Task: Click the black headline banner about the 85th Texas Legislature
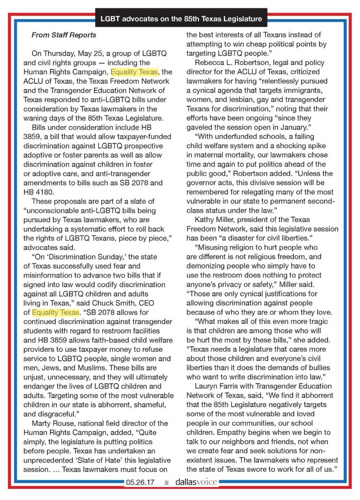coord(180,19)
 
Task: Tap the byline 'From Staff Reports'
coord(64,35)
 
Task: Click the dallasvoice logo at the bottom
coord(196,483)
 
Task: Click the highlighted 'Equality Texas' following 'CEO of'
coord(56,312)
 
